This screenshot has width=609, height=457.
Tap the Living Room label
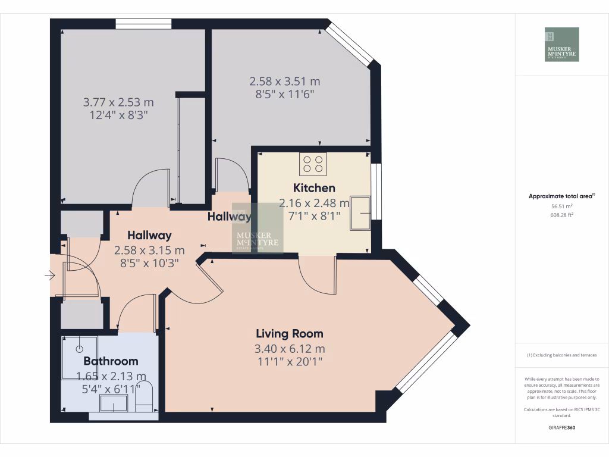pyautogui.click(x=290, y=334)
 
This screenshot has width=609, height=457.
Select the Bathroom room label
pyautogui.click(x=111, y=361)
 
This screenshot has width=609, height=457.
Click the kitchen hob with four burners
pyautogui.click(x=313, y=164)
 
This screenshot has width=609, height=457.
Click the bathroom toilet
pyautogui.click(x=145, y=397)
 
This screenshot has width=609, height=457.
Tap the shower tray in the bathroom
pyautogui.click(x=80, y=357)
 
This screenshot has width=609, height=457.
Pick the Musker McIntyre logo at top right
pyautogui.click(x=561, y=45)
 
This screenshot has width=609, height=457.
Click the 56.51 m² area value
pyautogui.click(x=561, y=205)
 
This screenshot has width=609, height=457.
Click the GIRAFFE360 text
pyautogui.click(x=561, y=427)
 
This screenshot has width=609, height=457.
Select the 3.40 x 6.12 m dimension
pyautogui.click(x=290, y=349)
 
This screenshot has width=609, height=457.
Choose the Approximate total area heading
pyautogui.click(x=561, y=196)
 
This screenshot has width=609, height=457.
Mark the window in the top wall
pyautogui.click(x=143, y=24)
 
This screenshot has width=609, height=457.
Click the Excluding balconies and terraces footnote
pyautogui.click(x=561, y=355)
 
